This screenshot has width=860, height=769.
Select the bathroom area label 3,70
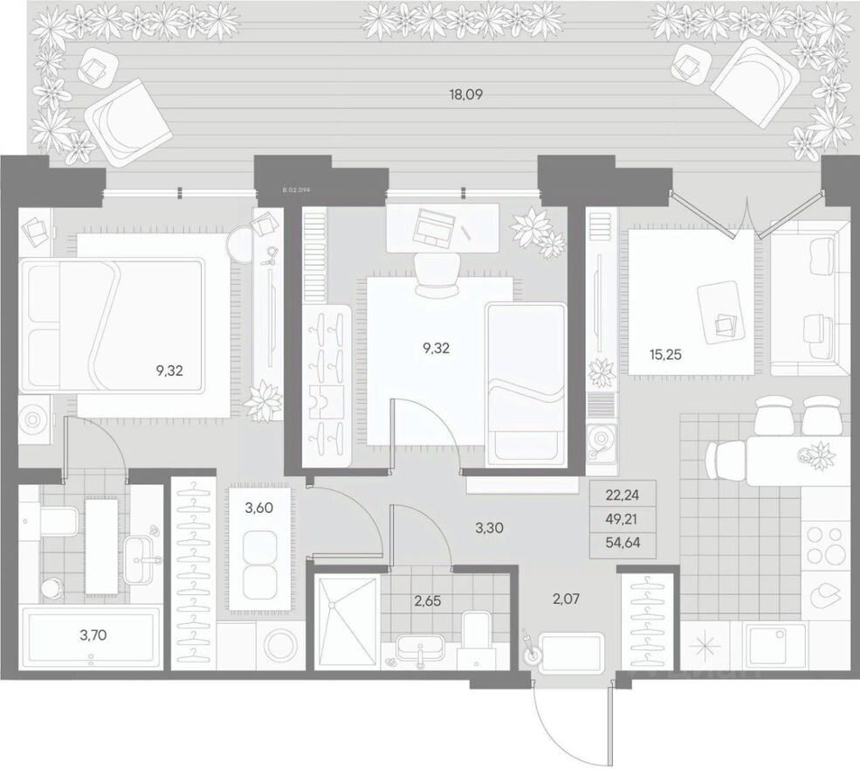(x=93, y=635)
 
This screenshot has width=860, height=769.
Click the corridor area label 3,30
(x=490, y=528)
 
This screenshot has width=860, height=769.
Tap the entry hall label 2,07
(x=565, y=599)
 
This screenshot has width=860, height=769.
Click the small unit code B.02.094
(x=298, y=188)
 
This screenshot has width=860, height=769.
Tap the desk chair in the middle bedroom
(x=436, y=272)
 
